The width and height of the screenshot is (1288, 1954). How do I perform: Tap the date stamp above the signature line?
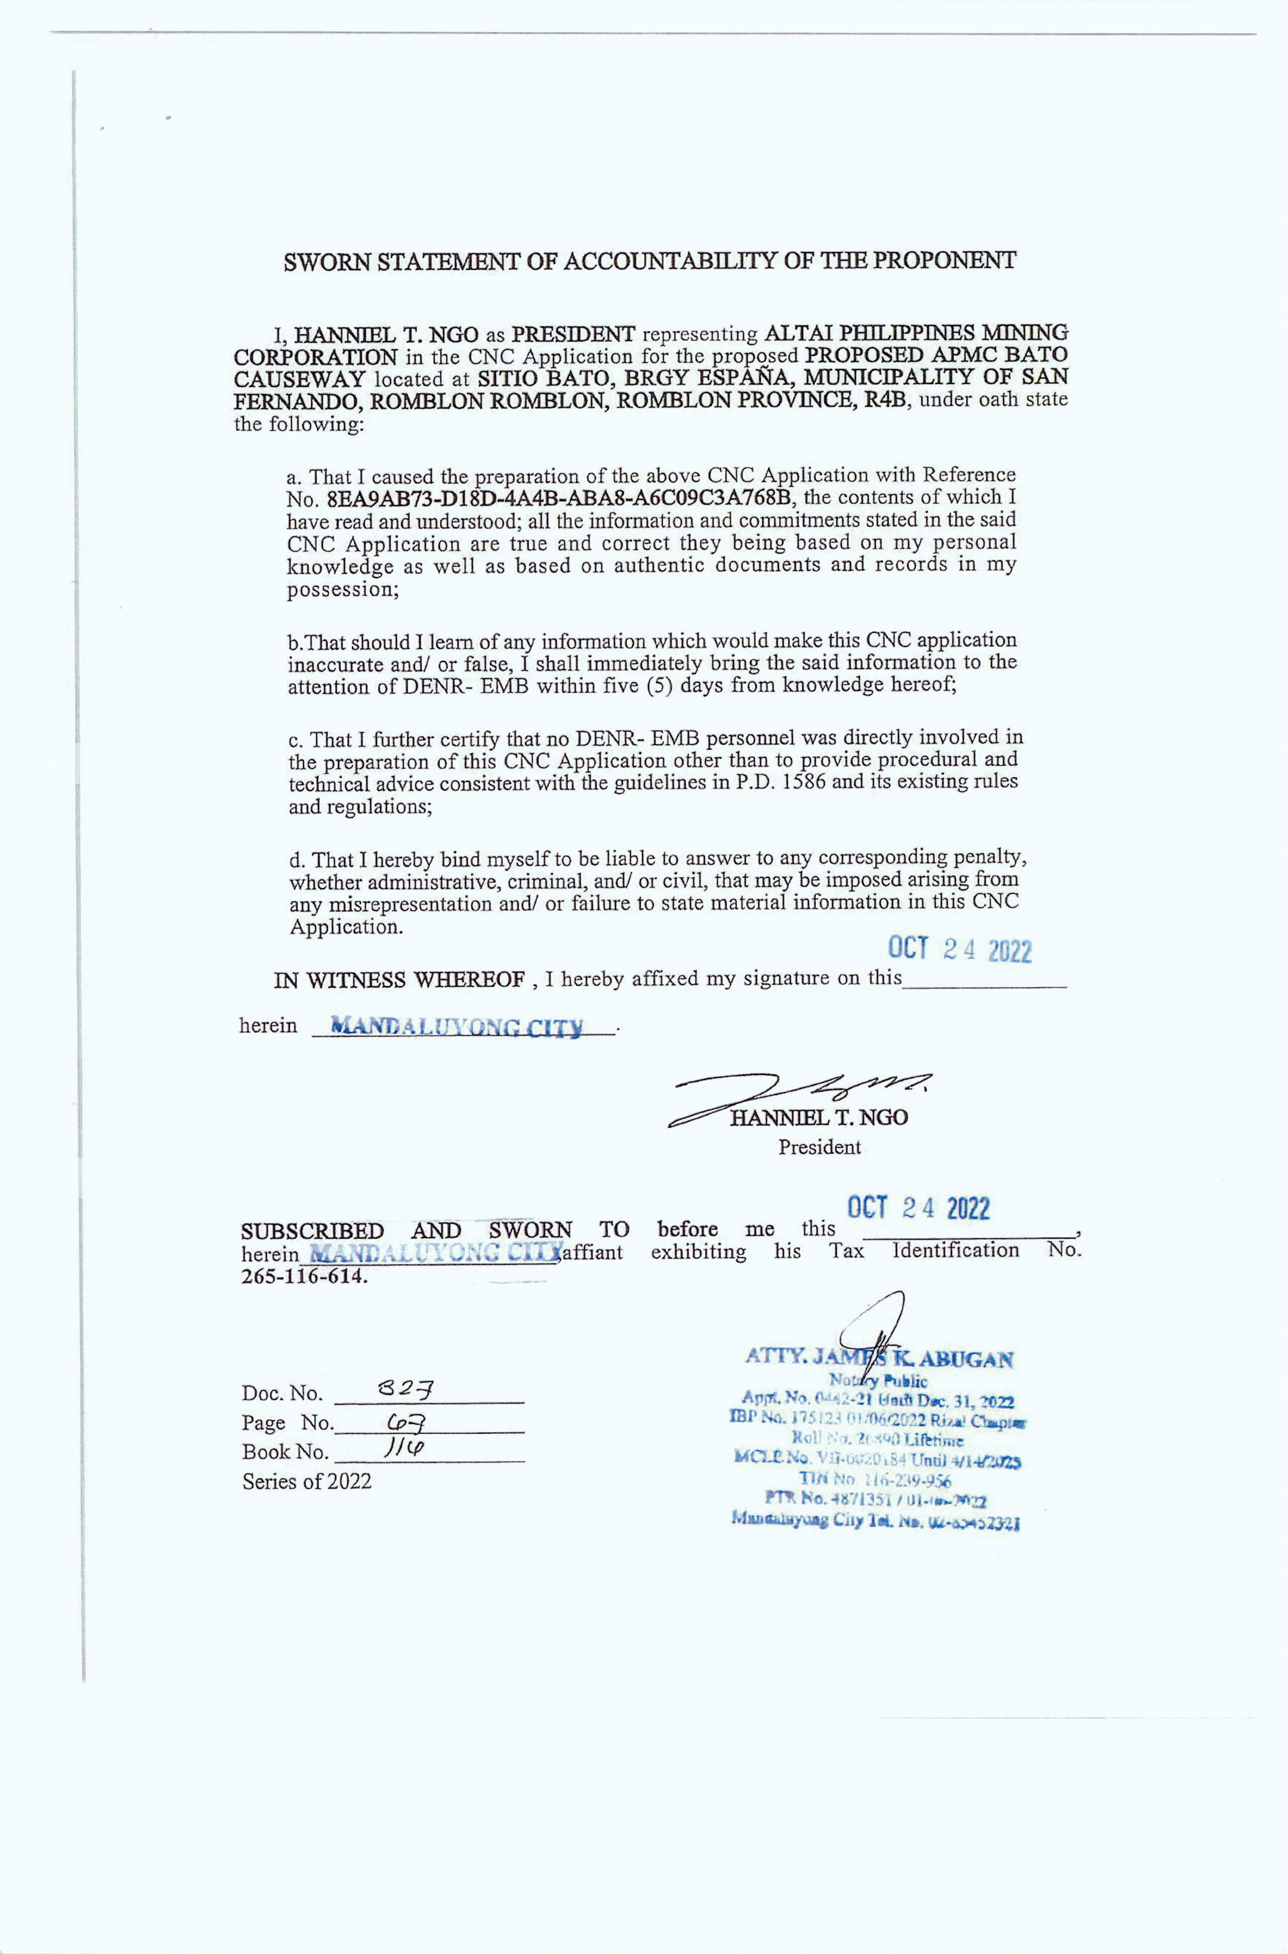point(959,950)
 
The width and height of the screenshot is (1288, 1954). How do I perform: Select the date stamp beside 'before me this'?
point(918,1208)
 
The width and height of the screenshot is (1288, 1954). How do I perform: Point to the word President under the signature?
point(819,1147)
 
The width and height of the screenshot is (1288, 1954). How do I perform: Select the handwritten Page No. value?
point(409,1420)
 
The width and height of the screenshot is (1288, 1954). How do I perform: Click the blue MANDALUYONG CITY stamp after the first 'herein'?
point(457,1027)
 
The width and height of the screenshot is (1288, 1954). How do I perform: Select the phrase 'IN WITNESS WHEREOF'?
point(399,980)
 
